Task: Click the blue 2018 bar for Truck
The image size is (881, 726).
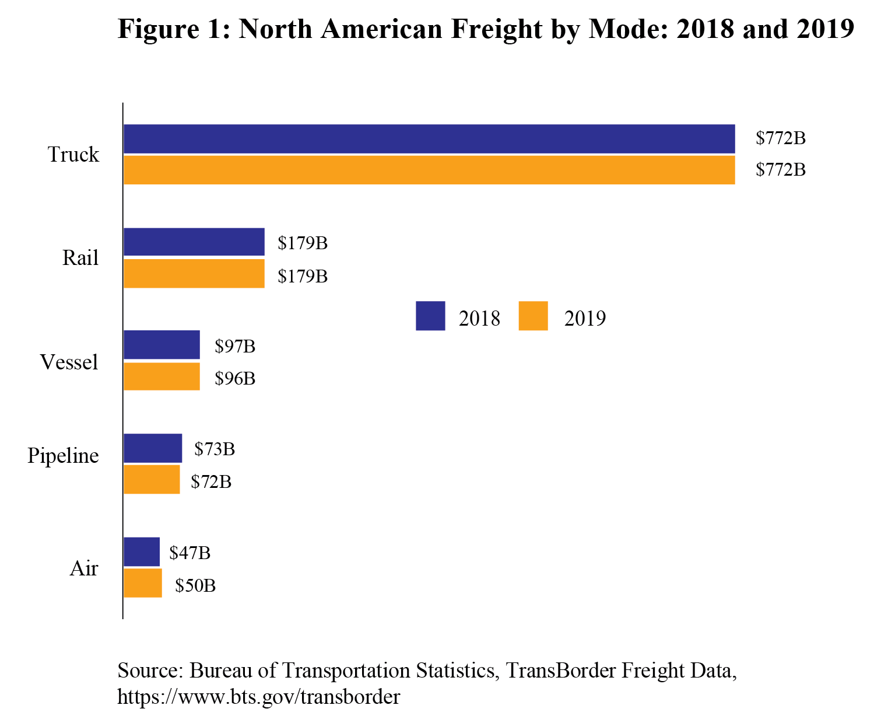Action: point(429,139)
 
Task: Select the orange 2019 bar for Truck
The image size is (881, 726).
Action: point(429,170)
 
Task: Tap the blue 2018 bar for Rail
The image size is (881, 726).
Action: point(194,242)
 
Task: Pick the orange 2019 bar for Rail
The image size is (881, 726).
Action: point(194,274)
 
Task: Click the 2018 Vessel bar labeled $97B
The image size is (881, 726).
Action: point(162,345)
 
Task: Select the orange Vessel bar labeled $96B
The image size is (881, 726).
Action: point(162,376)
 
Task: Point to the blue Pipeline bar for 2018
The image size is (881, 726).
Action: point(153,448)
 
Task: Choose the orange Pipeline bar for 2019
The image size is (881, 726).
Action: point(152,480)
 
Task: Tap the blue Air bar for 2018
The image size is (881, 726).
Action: point(142,552)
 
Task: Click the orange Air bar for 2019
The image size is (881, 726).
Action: point(143,583)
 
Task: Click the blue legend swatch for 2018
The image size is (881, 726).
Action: point(430,316)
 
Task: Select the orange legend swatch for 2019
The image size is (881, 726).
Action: point(533,316)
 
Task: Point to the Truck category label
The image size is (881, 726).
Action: point(73,155)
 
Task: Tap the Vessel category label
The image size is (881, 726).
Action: point(69,362)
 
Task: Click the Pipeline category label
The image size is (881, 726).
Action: point(63,456)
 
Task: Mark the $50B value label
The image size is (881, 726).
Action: point(195,585)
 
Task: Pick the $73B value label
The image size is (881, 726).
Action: point(215,449)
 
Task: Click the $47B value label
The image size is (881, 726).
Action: point(189,553)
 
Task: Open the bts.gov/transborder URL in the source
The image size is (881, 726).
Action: point(258,697)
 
